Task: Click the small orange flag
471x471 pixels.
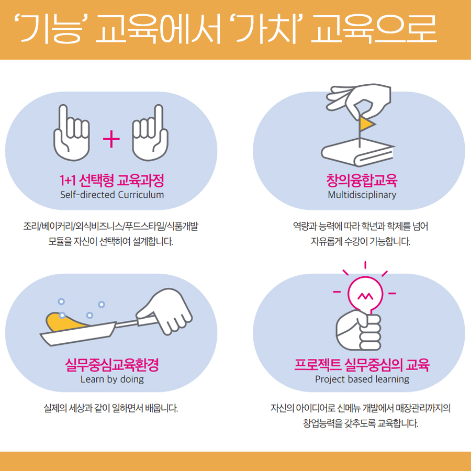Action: coord(366,124)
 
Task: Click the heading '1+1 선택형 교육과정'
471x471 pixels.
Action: coord(111,181)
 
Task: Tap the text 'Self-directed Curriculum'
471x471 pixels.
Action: coord(111,195)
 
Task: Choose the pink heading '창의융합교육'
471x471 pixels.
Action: coord(362,181)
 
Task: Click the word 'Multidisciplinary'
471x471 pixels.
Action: coord(362,195)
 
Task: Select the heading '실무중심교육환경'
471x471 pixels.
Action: coord(111,365)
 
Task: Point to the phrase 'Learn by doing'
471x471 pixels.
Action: coord(111,379)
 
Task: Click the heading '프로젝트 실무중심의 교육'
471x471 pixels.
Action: coord(362,365)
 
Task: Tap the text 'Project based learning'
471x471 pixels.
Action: coord(362,379)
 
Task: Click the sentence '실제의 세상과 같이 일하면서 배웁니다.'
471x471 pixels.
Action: coord(111,408)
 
